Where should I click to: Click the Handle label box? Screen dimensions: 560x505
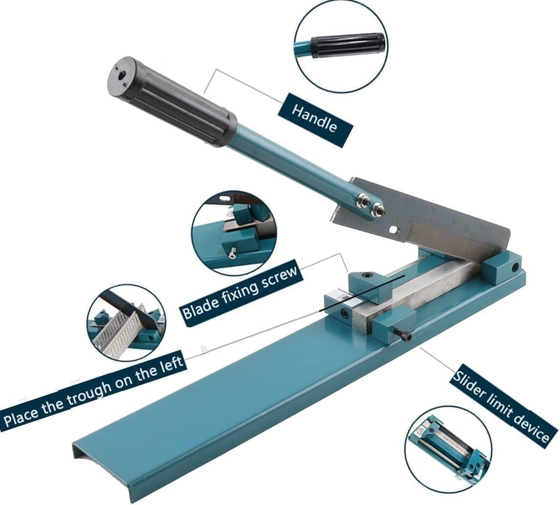[315, 120]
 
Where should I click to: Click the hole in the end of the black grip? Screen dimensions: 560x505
[122, 75]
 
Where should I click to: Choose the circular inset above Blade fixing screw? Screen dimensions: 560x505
[234, 232]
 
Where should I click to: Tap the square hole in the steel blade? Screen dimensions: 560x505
[393, 229]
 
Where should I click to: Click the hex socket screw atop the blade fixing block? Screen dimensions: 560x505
[366, 275]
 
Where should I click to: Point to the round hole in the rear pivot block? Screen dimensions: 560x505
[515, 267]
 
